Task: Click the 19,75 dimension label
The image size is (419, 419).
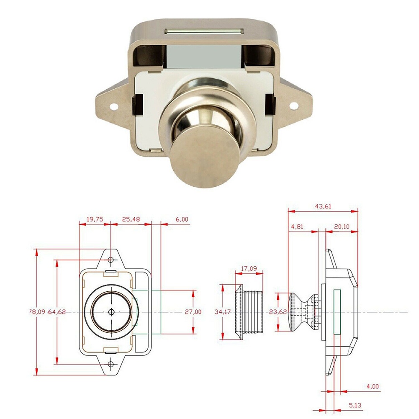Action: click(x=95, y=218)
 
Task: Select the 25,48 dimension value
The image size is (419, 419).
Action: click(x=131, y=218)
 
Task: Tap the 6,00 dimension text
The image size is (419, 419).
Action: click(x=182, y=218)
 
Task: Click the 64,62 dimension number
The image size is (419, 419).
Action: click(x=57, y=312)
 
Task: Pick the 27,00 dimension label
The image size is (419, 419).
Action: click(x=193, y=312)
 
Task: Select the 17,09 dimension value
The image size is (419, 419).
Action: click(x=250, y=269)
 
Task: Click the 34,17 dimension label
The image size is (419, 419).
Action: click(x=223, y=312)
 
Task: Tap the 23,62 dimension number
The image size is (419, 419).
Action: click(x=278, y=312)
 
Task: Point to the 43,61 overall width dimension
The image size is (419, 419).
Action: click(x=322, y=206)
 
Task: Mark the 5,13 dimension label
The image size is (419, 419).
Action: click(x=356, y=406)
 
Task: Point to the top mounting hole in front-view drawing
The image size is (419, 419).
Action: click(x=111, y=260)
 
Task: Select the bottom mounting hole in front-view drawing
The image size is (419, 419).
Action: click(x=111, y=364)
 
